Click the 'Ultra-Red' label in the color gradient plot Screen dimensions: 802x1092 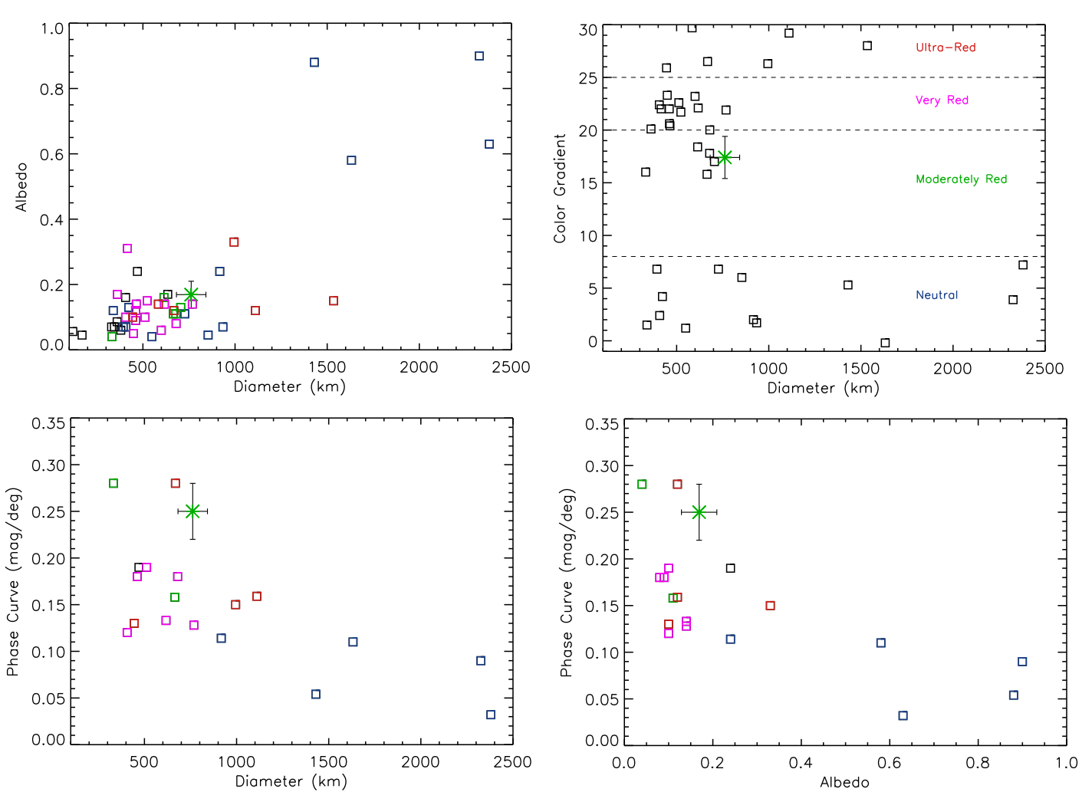(x=946, y=48)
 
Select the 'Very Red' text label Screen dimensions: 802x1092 (x=942, y=100)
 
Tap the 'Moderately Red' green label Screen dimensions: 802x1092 (x=961, y=179)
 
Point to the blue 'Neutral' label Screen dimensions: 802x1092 (x=936, y=295)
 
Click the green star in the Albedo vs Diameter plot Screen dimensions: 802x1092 (x=191, y=294)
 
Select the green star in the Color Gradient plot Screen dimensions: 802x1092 (x=725, y=157)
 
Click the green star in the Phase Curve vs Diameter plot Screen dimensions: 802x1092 (x=192, y=511)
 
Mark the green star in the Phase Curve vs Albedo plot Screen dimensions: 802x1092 (x=699, y=512)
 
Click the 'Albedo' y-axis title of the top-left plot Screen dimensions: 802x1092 (x=21, y=187)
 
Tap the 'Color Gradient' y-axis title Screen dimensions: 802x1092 (x=560, y=189)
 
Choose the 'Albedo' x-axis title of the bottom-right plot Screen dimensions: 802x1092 (x=844, y=783)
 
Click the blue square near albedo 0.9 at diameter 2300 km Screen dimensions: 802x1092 (x=479, y=56)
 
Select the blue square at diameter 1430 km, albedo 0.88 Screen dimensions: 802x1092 (x=314, y=62)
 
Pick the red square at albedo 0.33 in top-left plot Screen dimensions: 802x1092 (x=234, y=242)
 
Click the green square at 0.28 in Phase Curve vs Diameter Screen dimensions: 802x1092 (x=113, y=483)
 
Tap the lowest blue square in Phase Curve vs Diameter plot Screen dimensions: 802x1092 (x=491, y=715)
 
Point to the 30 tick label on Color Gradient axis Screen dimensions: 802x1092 (x=588, y=31)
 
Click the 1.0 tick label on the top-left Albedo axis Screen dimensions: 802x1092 (x=52, y=29)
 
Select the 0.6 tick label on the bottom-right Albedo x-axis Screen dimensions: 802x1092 (x=889, y=763)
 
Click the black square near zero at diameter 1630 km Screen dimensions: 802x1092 (x=885, y=343)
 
